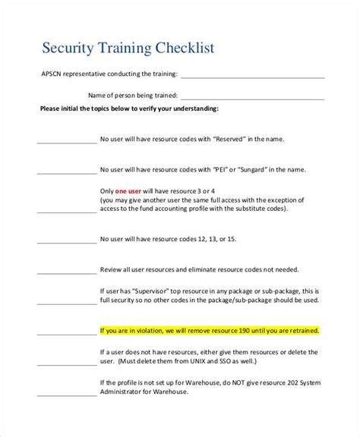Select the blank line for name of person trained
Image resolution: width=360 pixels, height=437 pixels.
[253, 96]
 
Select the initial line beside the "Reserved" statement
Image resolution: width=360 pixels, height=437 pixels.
[62, 142]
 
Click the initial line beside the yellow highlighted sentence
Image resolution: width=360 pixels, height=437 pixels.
[62, 332]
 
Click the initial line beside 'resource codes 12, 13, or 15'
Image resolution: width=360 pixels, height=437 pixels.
[62, 241]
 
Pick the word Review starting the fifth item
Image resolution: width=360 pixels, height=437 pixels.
[112, 269]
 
